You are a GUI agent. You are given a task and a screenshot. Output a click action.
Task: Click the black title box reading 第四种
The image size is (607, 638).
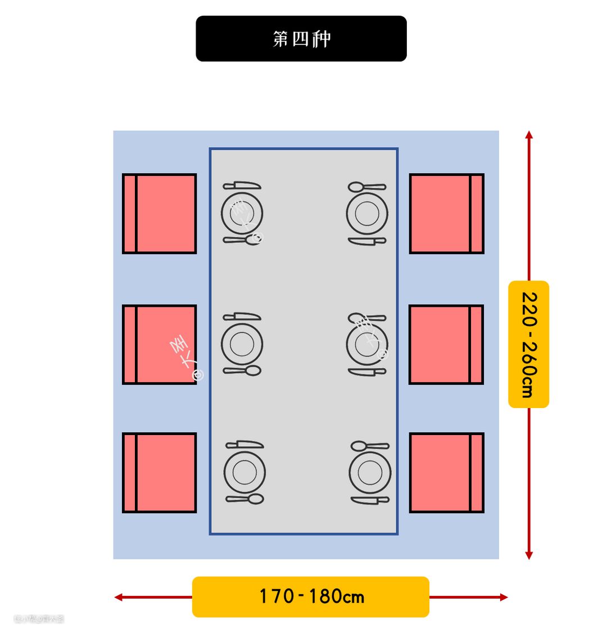[x=301, y=39]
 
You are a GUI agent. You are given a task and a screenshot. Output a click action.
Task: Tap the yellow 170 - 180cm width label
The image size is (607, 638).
[x=311, y=596]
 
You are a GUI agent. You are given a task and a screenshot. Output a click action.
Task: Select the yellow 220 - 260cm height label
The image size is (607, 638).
[x=528, y=344]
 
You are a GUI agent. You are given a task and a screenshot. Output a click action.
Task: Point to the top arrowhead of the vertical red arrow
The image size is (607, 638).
[x=529, y=135]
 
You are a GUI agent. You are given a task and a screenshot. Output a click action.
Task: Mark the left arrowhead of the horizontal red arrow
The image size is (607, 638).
[x=118, y=597]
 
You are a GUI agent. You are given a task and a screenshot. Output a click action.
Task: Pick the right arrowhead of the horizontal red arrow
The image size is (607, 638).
[x=504, y=597]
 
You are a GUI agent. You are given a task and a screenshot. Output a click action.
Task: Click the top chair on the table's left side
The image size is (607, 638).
[x=160, y=214]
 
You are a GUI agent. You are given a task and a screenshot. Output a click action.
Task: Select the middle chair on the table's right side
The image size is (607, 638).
[x=446, y=345]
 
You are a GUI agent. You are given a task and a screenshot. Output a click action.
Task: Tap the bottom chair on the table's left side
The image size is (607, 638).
[x=160, y=473]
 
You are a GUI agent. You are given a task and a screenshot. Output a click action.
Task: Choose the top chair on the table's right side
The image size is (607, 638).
[x=446, y=214]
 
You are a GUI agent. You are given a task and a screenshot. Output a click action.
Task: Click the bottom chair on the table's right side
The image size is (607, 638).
[x=446, y=473]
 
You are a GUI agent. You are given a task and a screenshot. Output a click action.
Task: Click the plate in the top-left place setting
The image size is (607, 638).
[x=242, y=213]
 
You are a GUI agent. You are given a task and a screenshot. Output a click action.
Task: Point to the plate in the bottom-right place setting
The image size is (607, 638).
[x=370, y=473]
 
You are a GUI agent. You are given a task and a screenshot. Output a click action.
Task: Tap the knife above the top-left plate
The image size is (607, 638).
[x=242, y=185]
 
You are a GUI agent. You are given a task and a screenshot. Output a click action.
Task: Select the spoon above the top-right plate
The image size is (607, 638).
[x=366, y=187]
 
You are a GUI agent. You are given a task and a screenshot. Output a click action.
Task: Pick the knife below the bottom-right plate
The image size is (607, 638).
[x=370, y=500]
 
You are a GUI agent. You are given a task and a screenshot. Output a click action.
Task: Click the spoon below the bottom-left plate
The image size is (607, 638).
[x=245, y=499]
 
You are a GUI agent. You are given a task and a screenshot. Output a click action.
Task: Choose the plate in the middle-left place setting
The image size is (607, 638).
[x=242, y=344]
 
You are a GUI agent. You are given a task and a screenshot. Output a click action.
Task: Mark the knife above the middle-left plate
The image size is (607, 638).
[x=242, y=316]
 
